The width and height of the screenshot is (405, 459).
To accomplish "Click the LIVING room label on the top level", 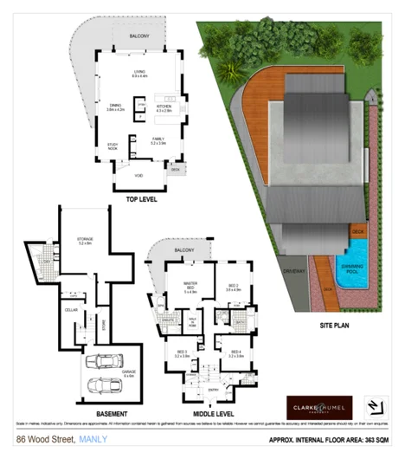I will tap(139, 73).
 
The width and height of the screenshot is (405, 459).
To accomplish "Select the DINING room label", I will tap(115, 106).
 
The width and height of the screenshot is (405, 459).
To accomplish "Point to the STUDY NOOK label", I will tap(112, 146).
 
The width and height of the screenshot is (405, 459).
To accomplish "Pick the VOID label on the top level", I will tap(138, 176).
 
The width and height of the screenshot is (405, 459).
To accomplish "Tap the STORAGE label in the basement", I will tap(84, 241).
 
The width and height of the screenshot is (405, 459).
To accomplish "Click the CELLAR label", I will tap(71, 308).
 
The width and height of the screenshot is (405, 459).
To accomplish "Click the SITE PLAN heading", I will tap(334, 326).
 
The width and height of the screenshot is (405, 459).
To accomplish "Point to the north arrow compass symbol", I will tap(374, 406).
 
